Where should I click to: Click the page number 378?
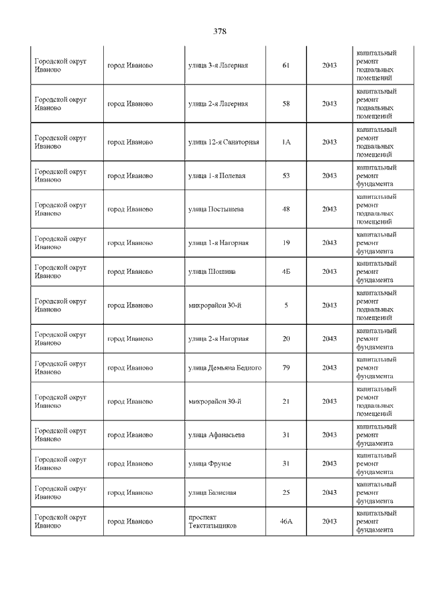coord(220,31)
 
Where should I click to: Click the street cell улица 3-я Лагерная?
coord(218,66)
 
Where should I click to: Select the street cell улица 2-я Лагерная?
coord(218,104)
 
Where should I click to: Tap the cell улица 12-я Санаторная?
coord(223,142)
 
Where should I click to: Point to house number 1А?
coord(286,142)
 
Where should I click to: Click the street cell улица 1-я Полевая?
coord(217,175)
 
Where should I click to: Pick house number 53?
coord(286,175)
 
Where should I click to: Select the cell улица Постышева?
coord(216,209)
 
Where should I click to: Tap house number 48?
coord(286,209)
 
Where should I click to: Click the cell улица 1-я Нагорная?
coord(218,242)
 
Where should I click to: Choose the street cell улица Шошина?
coord(212,271)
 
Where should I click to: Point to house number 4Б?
coord(286,271)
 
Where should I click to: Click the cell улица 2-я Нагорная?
coord(218,338)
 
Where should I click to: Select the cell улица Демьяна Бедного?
coord(225,368)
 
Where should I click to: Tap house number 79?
coord(286,368)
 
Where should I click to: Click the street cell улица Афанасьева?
coord(217,435)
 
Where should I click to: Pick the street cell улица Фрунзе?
coord(210,463)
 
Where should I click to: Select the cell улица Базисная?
coord(212,492)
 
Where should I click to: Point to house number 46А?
coord(286,521)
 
